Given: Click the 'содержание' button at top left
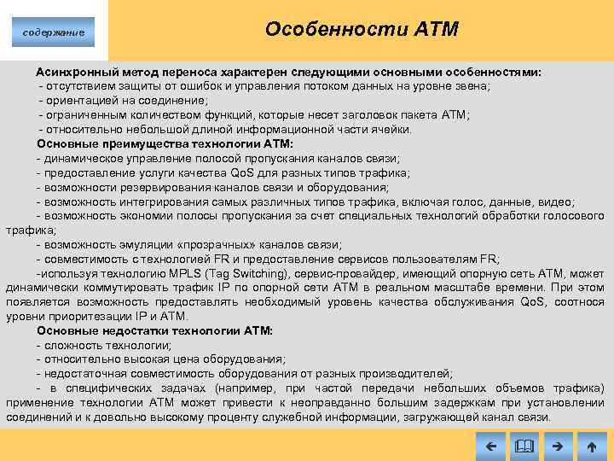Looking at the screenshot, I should click(54, 32).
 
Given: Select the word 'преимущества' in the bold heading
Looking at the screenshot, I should click(146, 144).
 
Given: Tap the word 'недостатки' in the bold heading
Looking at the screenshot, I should click(142, 330).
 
